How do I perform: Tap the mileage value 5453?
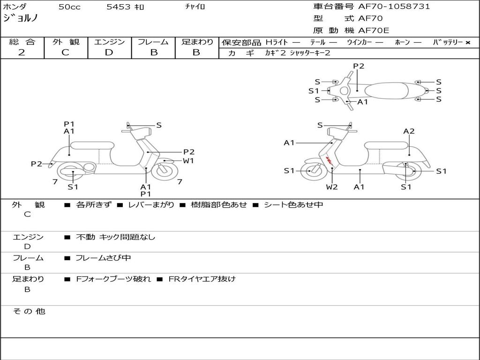click(119, 7)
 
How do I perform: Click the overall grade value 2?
click(22, 52)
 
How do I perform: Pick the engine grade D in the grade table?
click(109, 52)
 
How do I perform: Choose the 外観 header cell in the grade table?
click(66, 42)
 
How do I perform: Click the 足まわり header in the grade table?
click(197, 42)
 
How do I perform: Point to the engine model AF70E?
click(374, 30)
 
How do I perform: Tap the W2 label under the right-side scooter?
click(332, 187)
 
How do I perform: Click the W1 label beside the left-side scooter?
click(188, 161)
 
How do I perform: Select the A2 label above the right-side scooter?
click(409, 131)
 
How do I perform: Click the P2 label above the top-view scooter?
click(359, 66)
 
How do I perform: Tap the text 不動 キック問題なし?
click(115, 237)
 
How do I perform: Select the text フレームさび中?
click(103, 258)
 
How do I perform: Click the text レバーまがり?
click(151, 205)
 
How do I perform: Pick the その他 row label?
click(29, 311)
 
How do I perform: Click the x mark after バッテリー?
click(467, 42)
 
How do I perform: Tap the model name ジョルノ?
click(21, 18)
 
